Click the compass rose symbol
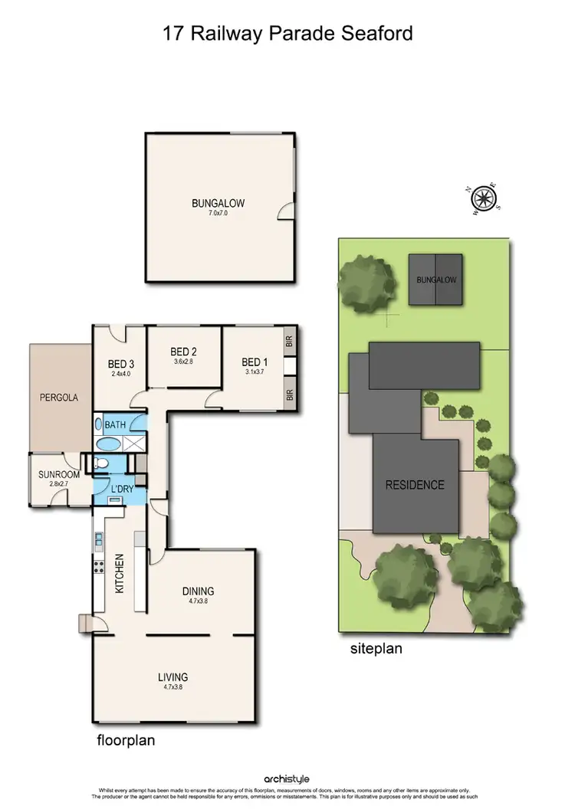[x=483, y=198]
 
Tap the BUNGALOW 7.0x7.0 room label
[x=219, y=207]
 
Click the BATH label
[x=116, y=424]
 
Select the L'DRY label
[x=123, y=489]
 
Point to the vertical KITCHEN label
[x=120, y=574]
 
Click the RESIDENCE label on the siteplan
[x=415, y=485]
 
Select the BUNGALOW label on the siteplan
[x=436, y=280]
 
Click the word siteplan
[x=376, y=648]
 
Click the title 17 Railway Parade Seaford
[x=287, y=34]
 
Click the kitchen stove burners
[x=99, y=567]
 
